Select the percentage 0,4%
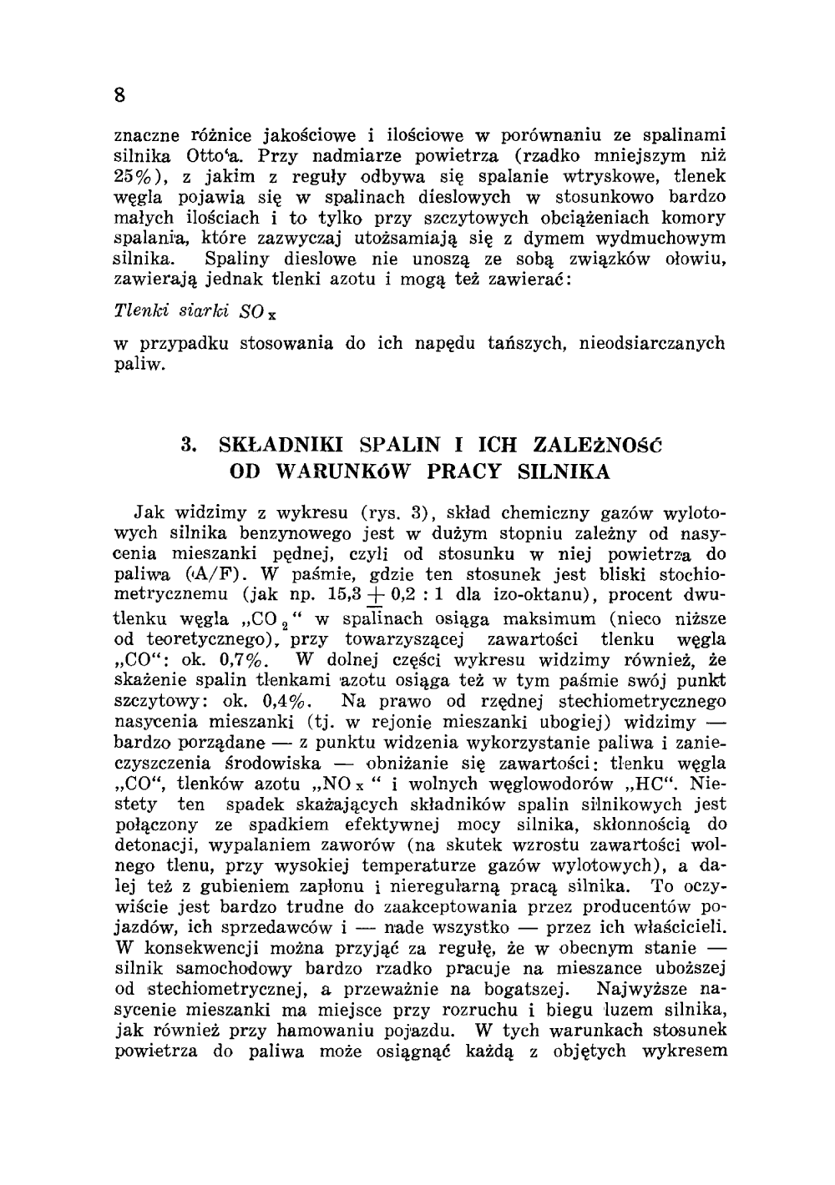point(286,701)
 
